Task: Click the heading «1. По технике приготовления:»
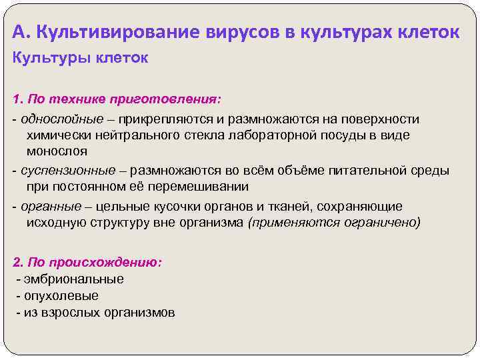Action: pyautogui.click(x=116, y=99)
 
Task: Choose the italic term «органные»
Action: pyautogui.click(x=47, y=207)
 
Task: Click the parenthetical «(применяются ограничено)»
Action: pyautogui.click(x=334, y=222)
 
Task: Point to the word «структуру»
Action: pyautogui.click(x=103, y=222)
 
